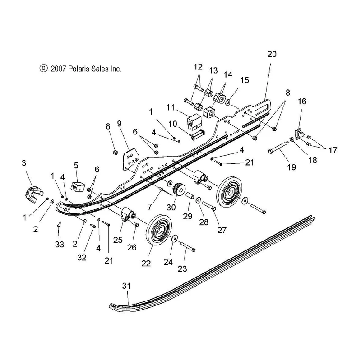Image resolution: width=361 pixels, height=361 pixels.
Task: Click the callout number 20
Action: (x=272, y=54)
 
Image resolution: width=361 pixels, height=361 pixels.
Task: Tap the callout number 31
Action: (x=126, y=286)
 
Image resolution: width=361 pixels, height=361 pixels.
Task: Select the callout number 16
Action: (x=302, y=101)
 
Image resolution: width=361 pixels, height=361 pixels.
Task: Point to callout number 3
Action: (x=24, y=163)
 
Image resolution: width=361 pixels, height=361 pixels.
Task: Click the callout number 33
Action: (x=60, y=244)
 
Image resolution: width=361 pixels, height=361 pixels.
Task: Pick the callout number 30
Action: (x=171, y=208)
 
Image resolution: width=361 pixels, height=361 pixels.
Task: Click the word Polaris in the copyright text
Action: (x=78, y=69)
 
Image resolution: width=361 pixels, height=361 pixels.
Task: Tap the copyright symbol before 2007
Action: (x=43, y=69)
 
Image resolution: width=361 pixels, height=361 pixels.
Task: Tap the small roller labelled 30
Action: (x=179, y=189)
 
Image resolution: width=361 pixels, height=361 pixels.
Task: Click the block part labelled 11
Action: (x=194, y=121)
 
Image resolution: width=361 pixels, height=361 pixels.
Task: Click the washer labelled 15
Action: (x=227, y=102)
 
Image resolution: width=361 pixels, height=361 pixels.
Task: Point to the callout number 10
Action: (x=172, y=124)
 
